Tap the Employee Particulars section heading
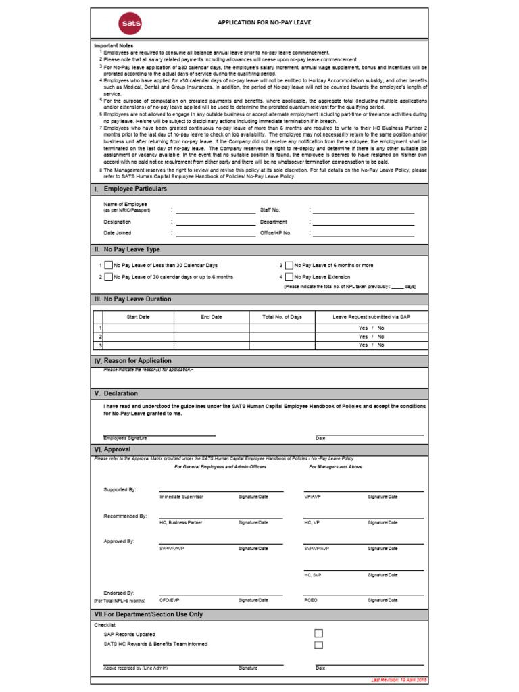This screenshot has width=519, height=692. tap(135, 189)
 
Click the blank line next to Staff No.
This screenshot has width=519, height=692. tap(363, 211)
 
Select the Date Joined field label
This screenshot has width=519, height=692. tap(118, 233)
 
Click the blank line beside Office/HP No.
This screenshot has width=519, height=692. tap(363, 234)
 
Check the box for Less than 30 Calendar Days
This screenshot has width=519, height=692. tap(108, 266)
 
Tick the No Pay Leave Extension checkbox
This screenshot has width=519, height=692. tap(289, 277)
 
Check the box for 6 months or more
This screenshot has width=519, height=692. tap(289, 266)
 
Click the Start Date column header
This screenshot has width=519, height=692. tap(138, 317)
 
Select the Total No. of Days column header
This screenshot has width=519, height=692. tap(282, 317)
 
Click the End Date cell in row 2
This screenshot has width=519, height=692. tap(211, 336)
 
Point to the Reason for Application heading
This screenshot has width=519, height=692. tap(137, 361)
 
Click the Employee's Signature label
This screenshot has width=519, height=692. tap(125, 438)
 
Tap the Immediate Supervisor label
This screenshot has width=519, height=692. tap(181, 497)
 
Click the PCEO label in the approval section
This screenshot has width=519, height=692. tap(311, 600)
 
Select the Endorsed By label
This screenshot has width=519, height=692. tap(119, 593)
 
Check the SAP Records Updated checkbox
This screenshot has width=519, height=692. tap(319, 633)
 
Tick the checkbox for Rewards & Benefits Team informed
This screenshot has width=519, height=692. tap(319, 645)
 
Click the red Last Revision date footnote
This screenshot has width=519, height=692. tap(399, 680)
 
